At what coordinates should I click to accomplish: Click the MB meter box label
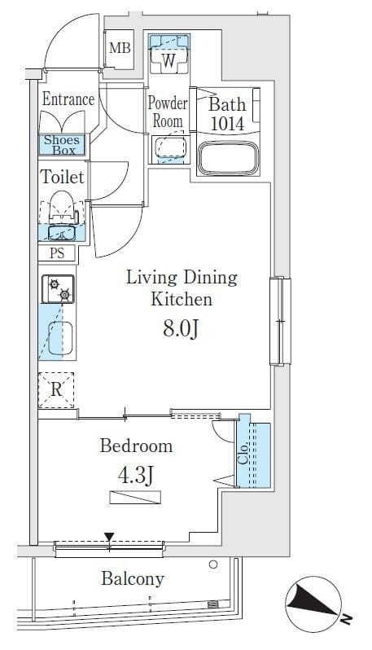click(x=120, y=49)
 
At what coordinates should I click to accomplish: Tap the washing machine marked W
click(x=168, y=54)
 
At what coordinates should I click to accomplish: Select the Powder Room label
click(x=168, y=112)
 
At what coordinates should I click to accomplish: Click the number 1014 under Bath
click(x=227, y=124)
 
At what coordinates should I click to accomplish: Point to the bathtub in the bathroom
click(x=228, y=159)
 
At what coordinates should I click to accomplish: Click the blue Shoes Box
click(x=62, y=145)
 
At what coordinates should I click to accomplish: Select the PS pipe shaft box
click(x=57, y=253)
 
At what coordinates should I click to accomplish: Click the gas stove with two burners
click(x=58, y=289)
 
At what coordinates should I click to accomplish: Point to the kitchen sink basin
click(x=60, y=338)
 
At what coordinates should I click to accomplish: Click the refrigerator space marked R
click(x=56, y=389)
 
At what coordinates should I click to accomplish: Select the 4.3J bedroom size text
click(x=135, y=476)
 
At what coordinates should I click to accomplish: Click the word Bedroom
click(x=136, y=446)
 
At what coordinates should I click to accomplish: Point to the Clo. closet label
click(x=243, y=454)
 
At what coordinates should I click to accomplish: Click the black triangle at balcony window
click(x=109, y=538)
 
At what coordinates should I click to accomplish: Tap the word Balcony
click(x=133, y=578)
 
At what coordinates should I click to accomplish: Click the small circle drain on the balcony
click(x=213, y=564)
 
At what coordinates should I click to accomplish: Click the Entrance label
click(x=68, y=99)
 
